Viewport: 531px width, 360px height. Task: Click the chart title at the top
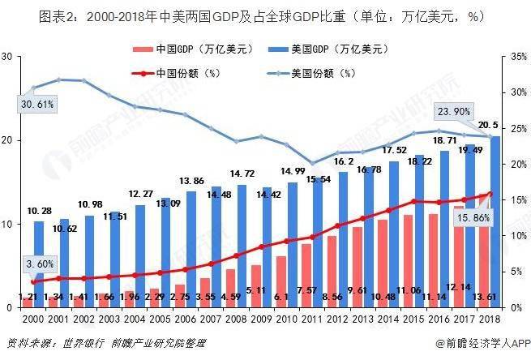coord(264,15)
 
